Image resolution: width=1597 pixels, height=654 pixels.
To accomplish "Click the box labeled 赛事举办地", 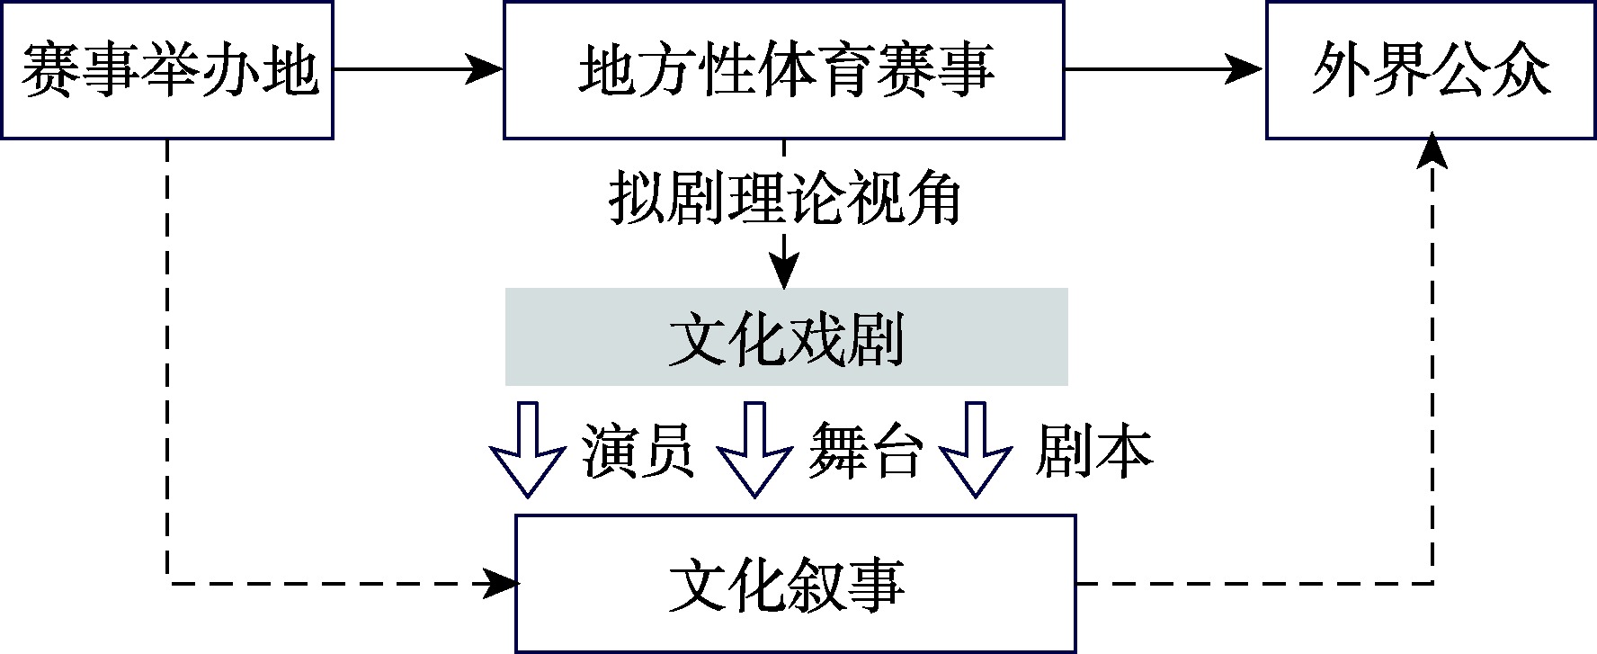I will [167, 70].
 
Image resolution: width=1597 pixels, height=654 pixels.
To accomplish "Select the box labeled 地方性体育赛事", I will [783, 70].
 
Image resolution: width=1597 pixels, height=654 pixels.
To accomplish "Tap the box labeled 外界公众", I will [1431, 70].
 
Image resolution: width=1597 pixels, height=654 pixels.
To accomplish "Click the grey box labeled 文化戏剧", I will [786, 337].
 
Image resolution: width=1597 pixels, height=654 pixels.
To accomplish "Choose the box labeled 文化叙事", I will [795, 583].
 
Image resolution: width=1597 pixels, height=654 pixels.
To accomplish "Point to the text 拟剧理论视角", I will [785, 199].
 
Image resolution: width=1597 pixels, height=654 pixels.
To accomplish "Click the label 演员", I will [638, 449].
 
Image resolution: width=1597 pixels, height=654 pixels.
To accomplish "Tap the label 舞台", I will [865, 449].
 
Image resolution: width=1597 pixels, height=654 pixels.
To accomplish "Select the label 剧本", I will [1093, 449].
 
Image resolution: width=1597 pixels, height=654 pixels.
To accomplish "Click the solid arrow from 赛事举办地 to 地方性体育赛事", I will [418, 69].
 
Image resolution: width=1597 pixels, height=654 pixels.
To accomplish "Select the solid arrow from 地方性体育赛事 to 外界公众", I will [1165, 69].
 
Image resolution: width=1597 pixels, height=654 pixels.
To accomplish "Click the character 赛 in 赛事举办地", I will [49, 71].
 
